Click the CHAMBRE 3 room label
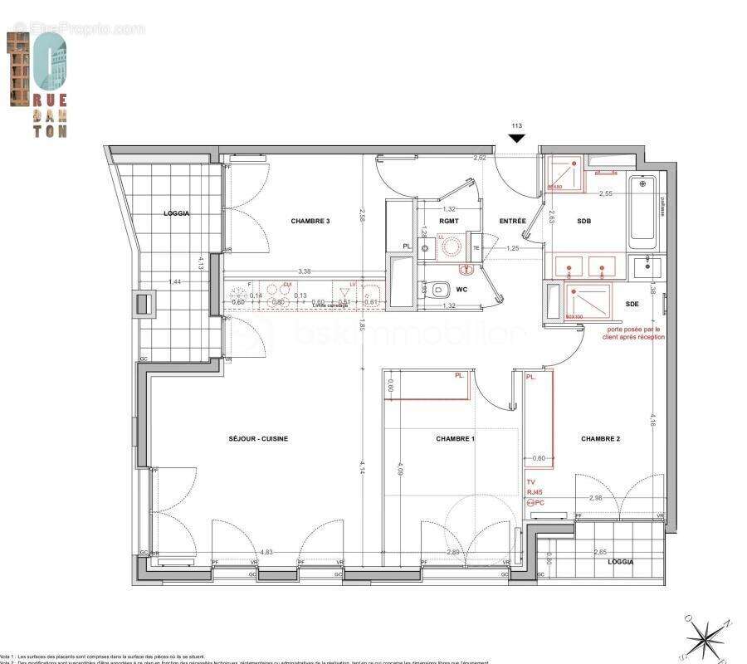coord(310,221)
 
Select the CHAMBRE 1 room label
coord(455,438)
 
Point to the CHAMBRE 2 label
coord(600,438)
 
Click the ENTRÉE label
coord(512,221)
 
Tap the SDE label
coord(632,304)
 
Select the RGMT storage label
coord(449,221)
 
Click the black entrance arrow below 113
coord(516,139)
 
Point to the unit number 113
coord(516,126)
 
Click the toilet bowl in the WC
coord(443,290)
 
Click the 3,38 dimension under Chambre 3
coord(305,271)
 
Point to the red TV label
coord(531,482)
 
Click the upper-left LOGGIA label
coord(177,213)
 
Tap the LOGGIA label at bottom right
coord(620,562)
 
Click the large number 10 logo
coord(38,71)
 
